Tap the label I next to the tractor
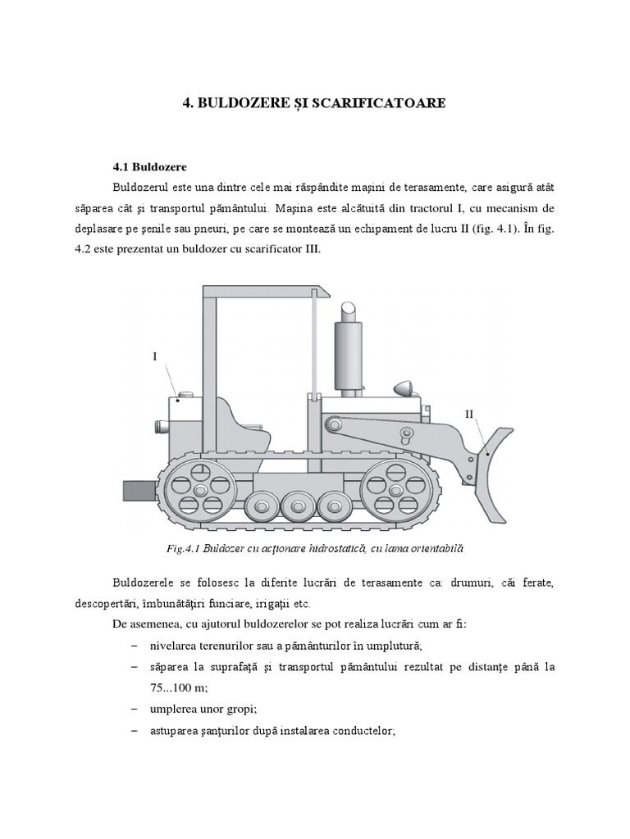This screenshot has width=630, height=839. pyautogui.click(x=153, y=356)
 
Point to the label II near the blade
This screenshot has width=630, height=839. pyautogui.click(x=469, y=414)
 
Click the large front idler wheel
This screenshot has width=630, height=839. pyautogui.click(x=396, y=490)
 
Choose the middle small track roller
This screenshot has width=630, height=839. pyautogui.click(x=298, y=506)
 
